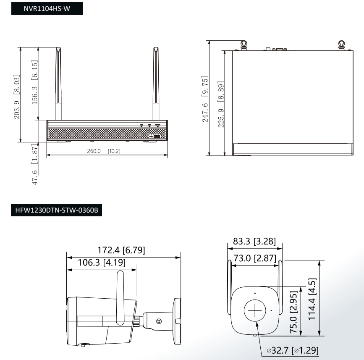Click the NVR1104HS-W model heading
coord(47,8)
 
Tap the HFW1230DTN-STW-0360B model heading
coord(56,210)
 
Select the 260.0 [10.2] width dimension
coord(104,151)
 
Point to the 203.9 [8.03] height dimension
coord(16,97)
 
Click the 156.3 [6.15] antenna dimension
coord(34,82)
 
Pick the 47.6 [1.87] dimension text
coord(34,164)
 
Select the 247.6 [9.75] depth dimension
coord(205,99)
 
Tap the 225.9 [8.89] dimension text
coord(221,104)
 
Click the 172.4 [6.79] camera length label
coord(121,250)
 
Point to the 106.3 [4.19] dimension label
coord(102,263)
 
